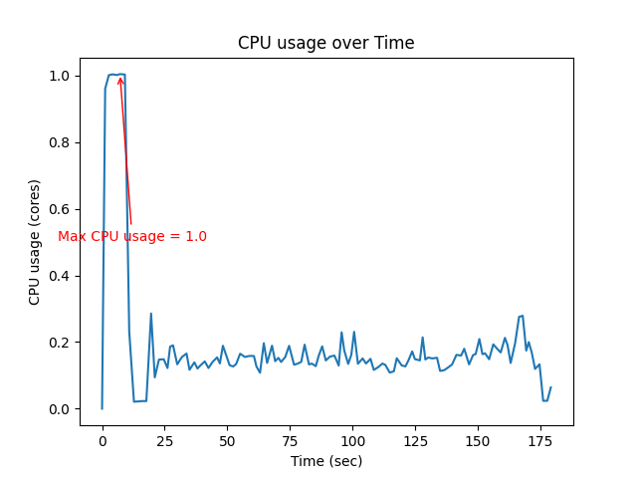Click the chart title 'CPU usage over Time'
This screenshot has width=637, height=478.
pyautogui.click(x=325, y=44)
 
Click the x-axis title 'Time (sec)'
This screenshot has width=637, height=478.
pyautogui.click(x=325, y=461)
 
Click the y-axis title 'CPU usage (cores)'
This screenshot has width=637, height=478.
pyautogui.click(x=35, y=242)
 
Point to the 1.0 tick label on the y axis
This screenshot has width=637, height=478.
pyautogui.click(x=59, y=76)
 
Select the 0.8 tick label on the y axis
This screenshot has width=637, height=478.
pyautogui.click(x=59, y=142)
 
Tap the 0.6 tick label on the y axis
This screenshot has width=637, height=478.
pyautogui.click(x=59, y=209)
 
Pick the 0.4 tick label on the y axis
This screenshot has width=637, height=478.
pyautogui.click(x=59, y=276)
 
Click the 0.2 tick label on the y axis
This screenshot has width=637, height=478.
pyautogui.click(x=59, y=343)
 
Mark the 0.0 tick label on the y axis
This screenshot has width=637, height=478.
pyautogui.click(x=59, y=409)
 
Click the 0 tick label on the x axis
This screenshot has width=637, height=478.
pyautogui.click(x=102, y=440)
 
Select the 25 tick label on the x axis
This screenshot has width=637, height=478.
pyautogui.click(x=164, y=440)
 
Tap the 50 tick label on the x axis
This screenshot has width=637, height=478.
pyautogui.click(x=227, y=440)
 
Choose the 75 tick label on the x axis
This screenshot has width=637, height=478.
pyautogui.click(x=290, y=440)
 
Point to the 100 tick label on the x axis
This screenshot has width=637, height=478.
pyautogui.click(x=352, y=440)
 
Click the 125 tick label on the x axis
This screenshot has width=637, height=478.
pyautogui.click(x=415, y=440)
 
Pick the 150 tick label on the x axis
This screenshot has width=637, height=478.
pyautogui.click(x=478, y=440)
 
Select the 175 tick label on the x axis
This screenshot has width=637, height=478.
pyautogui.click(x=540, y=440)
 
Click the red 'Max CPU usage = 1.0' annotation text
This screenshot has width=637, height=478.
pyautogui.click(x=132, y=237)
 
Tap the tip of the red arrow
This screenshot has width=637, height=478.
pyautogui.click(x=119, y=77)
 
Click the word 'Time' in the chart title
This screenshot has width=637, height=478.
pyautogui.click(x=395, y=44)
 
